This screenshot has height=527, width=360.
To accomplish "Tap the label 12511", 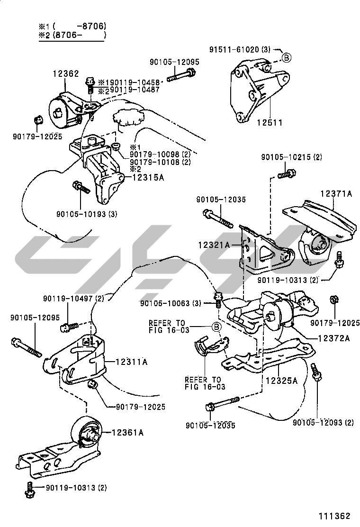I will pos(270,123).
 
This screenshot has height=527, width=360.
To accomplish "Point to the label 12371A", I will pos(336,193).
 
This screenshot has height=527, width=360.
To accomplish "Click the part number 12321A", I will pos(214,245).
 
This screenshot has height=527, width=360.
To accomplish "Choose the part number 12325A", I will pos(281,380).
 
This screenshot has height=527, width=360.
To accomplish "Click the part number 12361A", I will pos(128,432).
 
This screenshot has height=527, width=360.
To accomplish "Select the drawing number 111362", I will pos(333,516).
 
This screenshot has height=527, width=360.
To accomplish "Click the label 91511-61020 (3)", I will pos(240,49).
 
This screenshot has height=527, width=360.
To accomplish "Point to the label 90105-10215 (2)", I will pos(291,157).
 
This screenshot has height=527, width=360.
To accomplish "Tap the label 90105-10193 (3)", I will pos(80,214).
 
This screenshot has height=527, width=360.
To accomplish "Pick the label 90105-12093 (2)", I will pos(323,422).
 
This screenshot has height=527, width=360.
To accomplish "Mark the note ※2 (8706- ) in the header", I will pos(72,35).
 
